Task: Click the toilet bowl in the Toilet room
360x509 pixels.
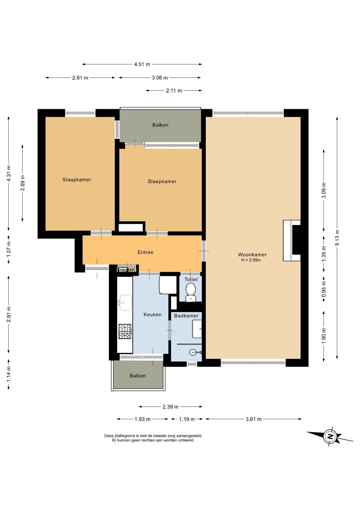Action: (x=191, y=292)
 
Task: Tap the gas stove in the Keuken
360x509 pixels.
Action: (x=125, y=331)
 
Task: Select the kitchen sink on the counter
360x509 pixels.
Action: (x=125, y=302)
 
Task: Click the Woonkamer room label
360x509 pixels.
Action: (x=252, y=254)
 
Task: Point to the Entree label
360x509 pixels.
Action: (x=145, y=252)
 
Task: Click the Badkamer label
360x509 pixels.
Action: (x=186, y=316)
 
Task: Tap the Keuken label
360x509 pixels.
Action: (x=152, y=314)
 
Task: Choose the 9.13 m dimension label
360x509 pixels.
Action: (x=337, y=238)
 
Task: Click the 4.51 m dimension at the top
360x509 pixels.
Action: (x=142, y=64)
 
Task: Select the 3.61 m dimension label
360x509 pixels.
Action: (x=254, y=419)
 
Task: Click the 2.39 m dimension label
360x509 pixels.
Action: (x=170, y=407)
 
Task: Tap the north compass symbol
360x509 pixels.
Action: (x=330, y=437)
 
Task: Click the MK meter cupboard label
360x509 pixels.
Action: (x=131, y=270)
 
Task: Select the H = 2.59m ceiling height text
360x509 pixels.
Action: (x=251, y=260)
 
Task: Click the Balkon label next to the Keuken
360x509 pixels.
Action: (x=138, y=376)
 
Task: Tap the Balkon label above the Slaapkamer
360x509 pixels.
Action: (x=160, y=125)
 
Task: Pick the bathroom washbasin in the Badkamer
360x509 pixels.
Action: (x=197, y=329)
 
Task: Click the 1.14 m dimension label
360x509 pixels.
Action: (x=9, y=374)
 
